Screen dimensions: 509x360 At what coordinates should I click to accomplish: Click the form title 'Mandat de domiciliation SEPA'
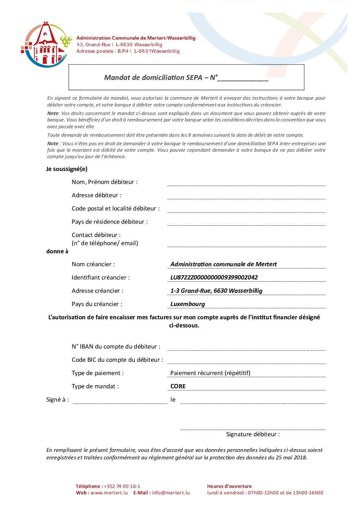tap(153, 78)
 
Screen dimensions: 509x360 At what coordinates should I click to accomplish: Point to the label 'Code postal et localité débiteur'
tap(115, 208)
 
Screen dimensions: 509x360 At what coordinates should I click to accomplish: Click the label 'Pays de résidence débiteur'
tap(110, 222)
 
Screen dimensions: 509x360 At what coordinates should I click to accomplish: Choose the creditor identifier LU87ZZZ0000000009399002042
tap(214, 277)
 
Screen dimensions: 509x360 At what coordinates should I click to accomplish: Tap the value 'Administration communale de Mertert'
tap(223, 264)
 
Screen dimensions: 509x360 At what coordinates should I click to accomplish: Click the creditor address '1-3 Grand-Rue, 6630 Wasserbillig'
tap(216, 291)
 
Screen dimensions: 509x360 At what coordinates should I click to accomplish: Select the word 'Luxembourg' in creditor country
tap(187, 304)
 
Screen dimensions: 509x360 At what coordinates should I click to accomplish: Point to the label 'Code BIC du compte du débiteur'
tap(117, 360)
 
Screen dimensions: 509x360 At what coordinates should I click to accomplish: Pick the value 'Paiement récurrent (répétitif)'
tap(210, 373)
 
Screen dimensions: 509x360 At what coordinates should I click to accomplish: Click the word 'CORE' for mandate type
tap(178, 386)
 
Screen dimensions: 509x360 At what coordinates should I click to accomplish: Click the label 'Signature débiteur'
tap(253, 434)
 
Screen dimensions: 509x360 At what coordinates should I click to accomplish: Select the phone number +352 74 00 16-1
tap(122, 486)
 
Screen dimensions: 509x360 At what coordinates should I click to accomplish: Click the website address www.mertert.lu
tap(109, 493)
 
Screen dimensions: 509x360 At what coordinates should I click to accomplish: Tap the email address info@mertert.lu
tap(171, 493)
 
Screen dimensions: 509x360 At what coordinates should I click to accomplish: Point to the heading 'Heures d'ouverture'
tap(229, 486)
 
